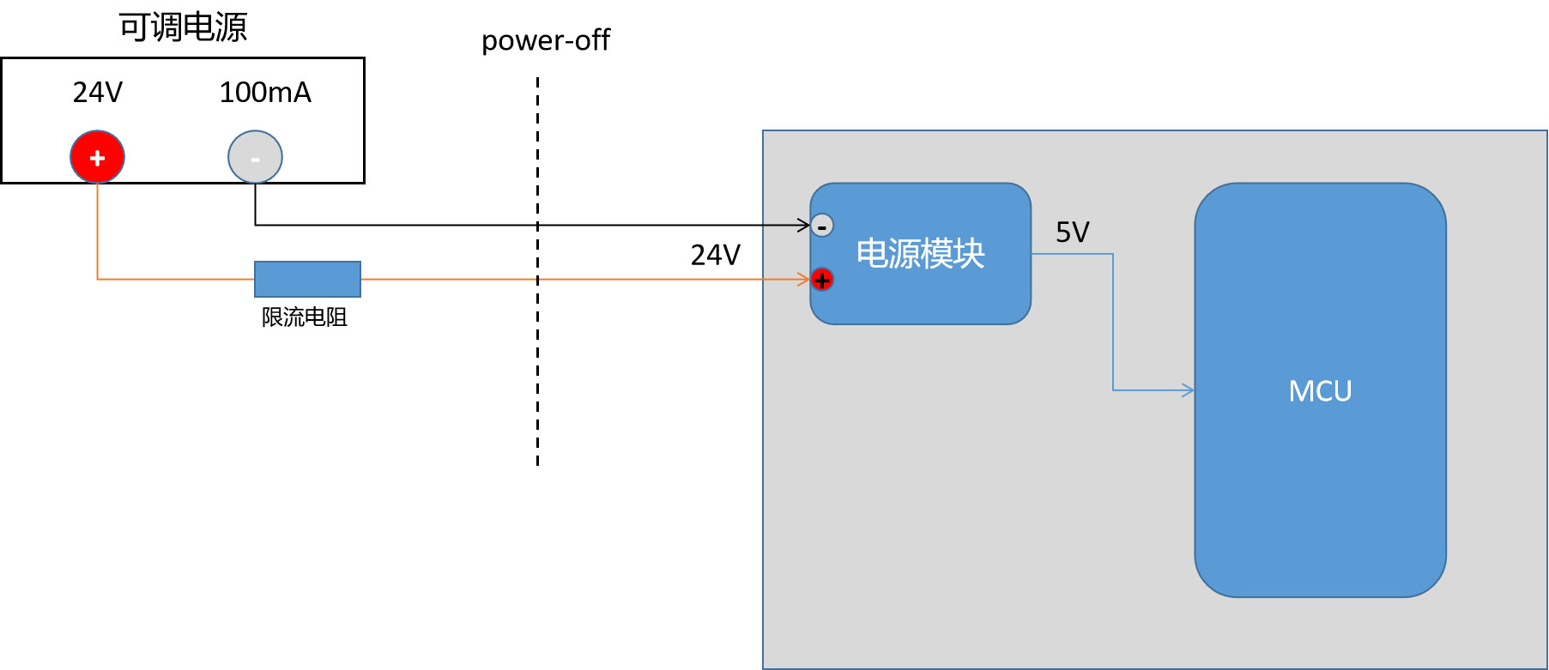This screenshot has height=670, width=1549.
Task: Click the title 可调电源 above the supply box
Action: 183,27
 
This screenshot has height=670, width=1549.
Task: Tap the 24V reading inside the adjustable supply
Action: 98,93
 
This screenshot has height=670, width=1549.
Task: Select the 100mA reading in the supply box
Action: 265,93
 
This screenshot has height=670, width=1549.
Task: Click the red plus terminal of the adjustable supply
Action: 98,157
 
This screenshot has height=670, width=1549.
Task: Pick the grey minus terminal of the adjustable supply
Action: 255,157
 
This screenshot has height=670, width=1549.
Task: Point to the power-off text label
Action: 546,40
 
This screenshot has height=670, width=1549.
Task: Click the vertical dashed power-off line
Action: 538,360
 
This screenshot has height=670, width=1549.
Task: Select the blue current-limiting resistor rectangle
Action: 307,279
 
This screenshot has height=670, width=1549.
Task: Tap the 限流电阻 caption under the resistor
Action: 305,317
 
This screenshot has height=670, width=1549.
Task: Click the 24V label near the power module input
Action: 716,255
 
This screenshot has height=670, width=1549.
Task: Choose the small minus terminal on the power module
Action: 822,226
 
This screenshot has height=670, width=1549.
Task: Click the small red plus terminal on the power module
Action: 822,280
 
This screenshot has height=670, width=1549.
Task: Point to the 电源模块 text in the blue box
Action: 921,254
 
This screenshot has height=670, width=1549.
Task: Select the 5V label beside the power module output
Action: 1073,232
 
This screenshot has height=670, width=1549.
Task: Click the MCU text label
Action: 1320,391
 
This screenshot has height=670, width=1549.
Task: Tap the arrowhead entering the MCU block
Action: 1189,390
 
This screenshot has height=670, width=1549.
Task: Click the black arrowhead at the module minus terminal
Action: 804,226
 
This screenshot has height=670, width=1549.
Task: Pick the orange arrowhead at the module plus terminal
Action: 803,279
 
